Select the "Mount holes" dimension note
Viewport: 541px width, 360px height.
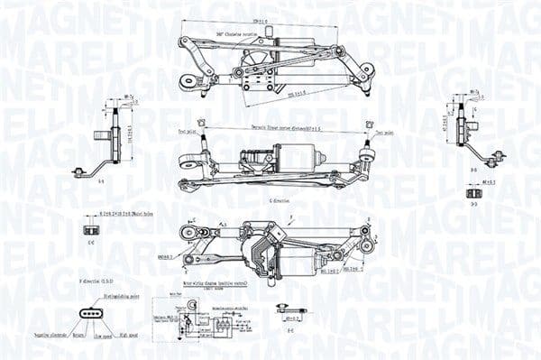click(127, 214)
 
